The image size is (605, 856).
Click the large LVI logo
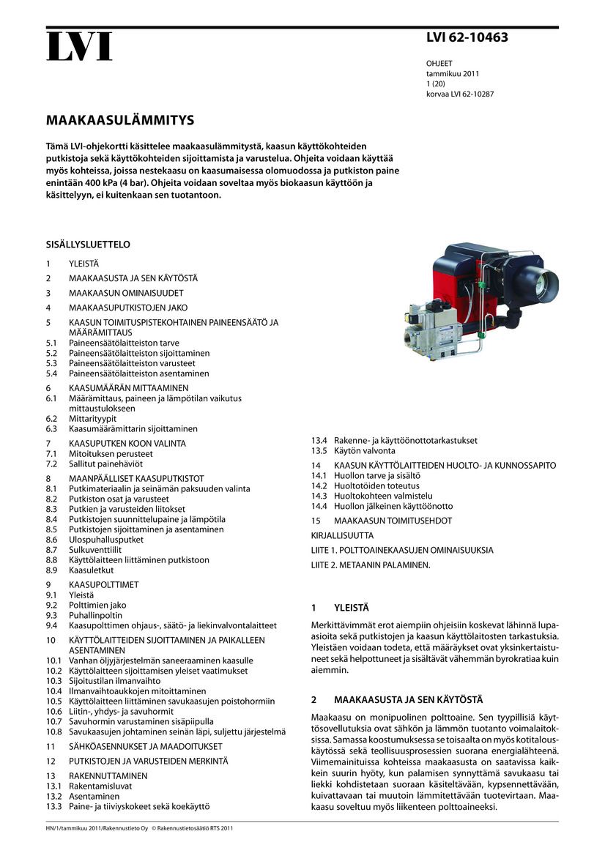pyautogui.click(x=79, y=46)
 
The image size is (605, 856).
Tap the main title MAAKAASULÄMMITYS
pyautogui.click(x=120, y=119)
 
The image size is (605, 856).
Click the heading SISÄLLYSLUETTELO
pyautogui.click(x=88, y=245)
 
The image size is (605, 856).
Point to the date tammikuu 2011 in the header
pyautogui.click(x=453, y=74)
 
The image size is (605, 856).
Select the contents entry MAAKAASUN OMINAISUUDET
pyautogui.click(x=126, y=293)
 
